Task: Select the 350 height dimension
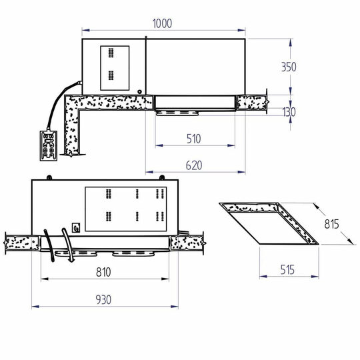(x=288, y=67)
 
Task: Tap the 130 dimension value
(x=288, y=112)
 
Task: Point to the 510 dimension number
(x=193, y=139)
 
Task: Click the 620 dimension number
(x=193, y=164)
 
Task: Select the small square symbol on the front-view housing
(x=77, y=226)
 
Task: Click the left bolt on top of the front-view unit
(x=49, y=177)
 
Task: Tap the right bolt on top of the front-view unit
(x=160, y=177)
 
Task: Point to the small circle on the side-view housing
(x=139, y=93)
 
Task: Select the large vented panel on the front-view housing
(x=126, y=207)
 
